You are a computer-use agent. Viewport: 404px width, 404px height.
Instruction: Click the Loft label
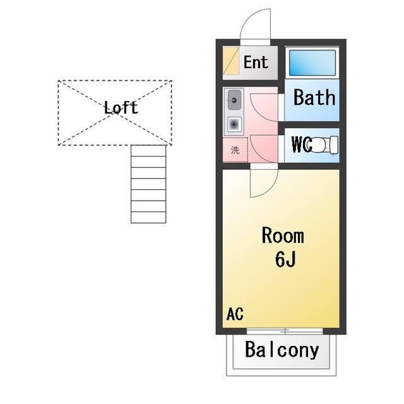[x=121, y=107]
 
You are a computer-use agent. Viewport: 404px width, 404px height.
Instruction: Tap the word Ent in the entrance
[x=256, y=62]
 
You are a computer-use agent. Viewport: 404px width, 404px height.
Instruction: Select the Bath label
[x=314, y=97]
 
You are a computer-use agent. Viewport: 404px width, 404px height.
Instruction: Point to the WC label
[x=302, y=145]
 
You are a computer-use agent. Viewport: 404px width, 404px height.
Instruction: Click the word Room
[x=283, y=235]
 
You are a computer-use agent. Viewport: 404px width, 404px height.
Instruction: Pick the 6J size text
[x=285, y=259]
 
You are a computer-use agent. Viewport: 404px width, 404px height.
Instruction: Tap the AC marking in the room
[x=235, y=314]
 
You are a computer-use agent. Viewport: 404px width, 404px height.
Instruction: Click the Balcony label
[x=282, y=350]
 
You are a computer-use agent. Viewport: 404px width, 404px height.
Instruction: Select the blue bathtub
[x=312, y=62]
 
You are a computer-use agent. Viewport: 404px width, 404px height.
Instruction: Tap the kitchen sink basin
[x=234, y=100]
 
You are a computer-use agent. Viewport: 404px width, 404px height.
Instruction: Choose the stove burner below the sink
[x=234, y=124]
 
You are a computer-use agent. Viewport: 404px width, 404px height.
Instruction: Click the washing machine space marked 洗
[x=235, y=150]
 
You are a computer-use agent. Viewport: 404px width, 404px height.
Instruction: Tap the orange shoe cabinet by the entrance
[x=231, y=61]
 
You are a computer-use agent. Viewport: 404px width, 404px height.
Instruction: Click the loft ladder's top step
[x=148, y=150]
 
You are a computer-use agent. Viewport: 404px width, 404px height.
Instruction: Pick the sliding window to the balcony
[x=285, y=331]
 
